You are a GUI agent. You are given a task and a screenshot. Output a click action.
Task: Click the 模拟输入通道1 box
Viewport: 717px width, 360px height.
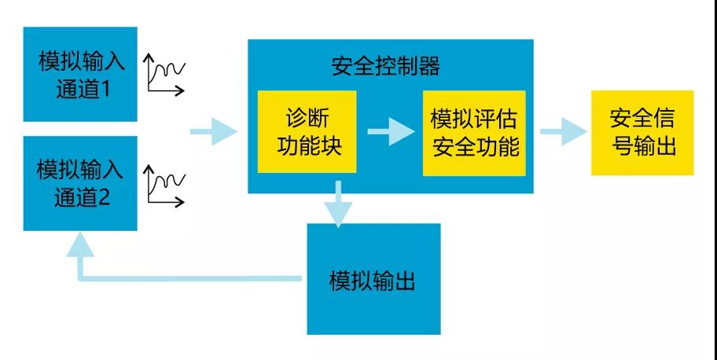point(80,75)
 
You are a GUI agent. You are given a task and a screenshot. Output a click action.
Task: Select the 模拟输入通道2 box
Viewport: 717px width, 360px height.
point(80,183)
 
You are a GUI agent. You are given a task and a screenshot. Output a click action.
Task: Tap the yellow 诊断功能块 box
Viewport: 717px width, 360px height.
point(307,131)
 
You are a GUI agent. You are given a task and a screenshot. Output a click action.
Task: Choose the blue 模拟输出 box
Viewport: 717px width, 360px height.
point(373,279)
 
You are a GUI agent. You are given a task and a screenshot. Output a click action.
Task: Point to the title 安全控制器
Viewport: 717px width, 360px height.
point(386,66)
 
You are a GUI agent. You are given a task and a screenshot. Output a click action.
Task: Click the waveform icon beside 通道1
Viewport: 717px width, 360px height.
point(165,75)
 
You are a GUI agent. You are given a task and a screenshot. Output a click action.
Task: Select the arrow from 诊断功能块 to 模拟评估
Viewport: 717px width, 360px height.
point(390,132)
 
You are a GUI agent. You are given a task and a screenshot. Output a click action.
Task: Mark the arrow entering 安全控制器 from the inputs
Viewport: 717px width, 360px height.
point(213,132)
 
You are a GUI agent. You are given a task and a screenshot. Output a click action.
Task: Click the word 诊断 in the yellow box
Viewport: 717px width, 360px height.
point(307,118)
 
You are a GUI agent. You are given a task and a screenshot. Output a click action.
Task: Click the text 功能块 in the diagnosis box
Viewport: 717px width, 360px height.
point(307,146)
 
